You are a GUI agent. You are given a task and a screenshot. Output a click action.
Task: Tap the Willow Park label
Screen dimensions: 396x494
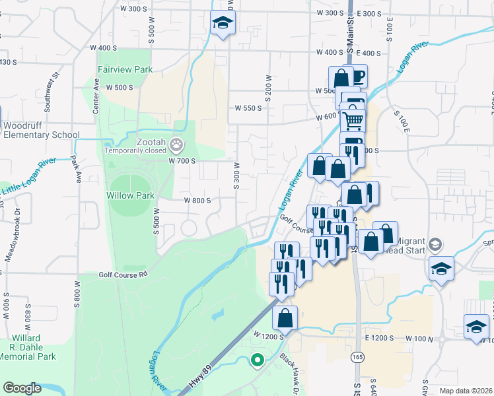tap(130, 195)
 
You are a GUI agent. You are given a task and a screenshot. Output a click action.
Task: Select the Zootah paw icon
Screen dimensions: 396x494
tap(176, 144)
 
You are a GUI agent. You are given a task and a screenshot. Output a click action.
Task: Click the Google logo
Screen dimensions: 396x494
tap(22, 388)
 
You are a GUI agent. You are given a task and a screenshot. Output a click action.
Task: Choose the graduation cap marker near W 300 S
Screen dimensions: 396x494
tap(223, 24)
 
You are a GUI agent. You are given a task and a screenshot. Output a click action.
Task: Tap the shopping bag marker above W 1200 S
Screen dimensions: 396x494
tap(285, 317)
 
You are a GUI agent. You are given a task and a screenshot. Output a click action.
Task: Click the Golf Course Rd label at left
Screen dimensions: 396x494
tap(122, 275)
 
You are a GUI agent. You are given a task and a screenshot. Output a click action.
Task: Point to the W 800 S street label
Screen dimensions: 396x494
tap(197, 200)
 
